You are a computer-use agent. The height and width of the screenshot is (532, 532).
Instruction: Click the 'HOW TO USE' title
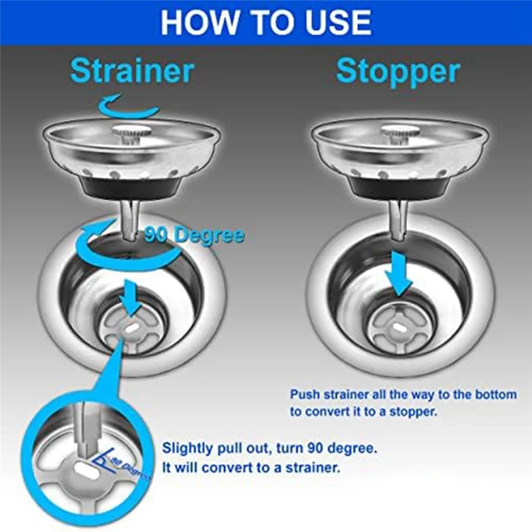[265, 21]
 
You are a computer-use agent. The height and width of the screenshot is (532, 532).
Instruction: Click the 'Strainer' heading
[132, 71]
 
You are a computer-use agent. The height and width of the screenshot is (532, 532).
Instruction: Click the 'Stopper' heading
[398, 71]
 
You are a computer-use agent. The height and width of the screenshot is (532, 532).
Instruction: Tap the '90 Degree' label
[194, 235]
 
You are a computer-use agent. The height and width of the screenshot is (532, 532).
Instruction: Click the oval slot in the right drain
[400, 327]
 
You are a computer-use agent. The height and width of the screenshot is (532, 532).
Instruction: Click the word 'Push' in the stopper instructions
[305, 394]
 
